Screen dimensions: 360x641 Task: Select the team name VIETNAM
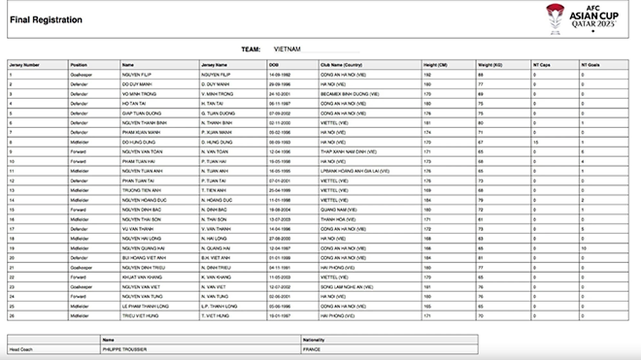click(x=287, y=48)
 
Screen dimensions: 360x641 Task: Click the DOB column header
click(x=255, y=65)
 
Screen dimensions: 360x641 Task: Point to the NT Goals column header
click(x=590, y=65)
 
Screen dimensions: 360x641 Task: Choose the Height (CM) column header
click(x=435, y=65)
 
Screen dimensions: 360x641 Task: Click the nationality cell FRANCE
click(x=311, y=348)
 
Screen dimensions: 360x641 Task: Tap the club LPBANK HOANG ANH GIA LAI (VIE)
click(x=354, y=171)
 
